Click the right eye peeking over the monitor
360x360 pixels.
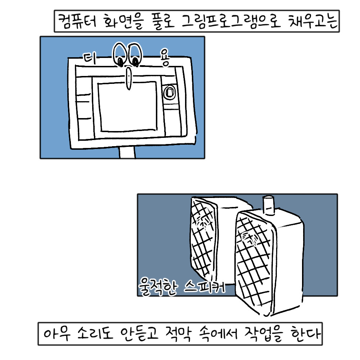coord(134,55)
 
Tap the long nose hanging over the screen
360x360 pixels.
coord(129,79)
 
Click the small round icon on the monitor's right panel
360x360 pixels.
coord(169,93)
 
